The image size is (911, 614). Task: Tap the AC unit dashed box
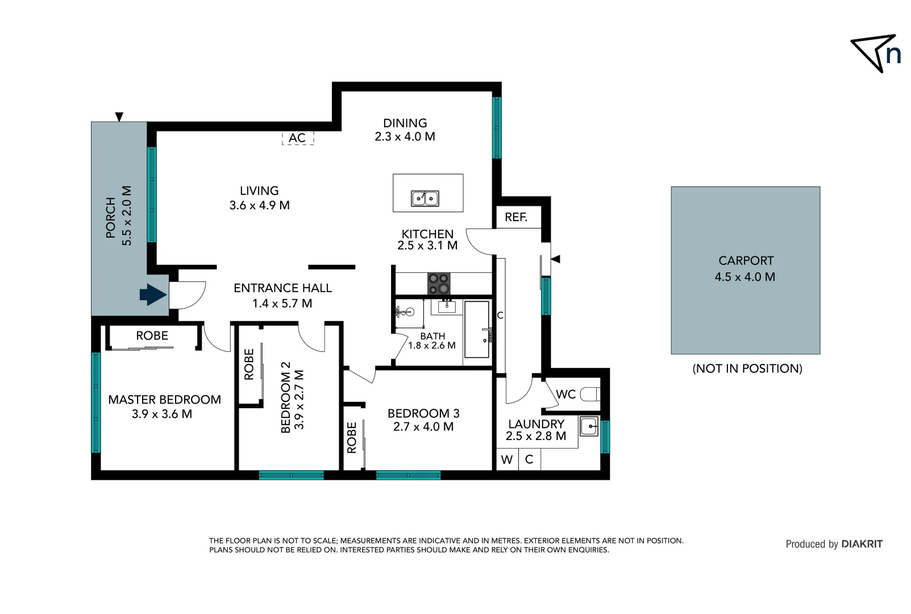[298, 138]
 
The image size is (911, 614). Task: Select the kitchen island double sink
[425, 198]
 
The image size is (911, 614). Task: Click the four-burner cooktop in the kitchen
[439, 284]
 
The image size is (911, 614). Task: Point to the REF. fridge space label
[516, 217]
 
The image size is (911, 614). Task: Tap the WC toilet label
[565, 394]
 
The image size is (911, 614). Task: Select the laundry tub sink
[589, 426]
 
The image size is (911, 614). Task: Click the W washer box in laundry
[507, 459]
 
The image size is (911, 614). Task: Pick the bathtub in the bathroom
[476, 330]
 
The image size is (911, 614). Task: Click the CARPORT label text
[746, 260]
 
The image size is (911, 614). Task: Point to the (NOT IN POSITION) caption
[747, 368]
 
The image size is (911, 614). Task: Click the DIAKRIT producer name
[862, 544]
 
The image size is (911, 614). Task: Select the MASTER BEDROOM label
[164, 400]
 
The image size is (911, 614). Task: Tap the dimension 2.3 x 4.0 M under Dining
[405, 136]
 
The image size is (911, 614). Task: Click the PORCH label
[111, 217]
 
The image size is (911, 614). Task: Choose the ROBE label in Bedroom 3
[352, 437]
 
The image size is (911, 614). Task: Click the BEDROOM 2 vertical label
[286, 397]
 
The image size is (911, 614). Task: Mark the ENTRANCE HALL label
[282, 288]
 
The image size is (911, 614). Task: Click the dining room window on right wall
[497, 127]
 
